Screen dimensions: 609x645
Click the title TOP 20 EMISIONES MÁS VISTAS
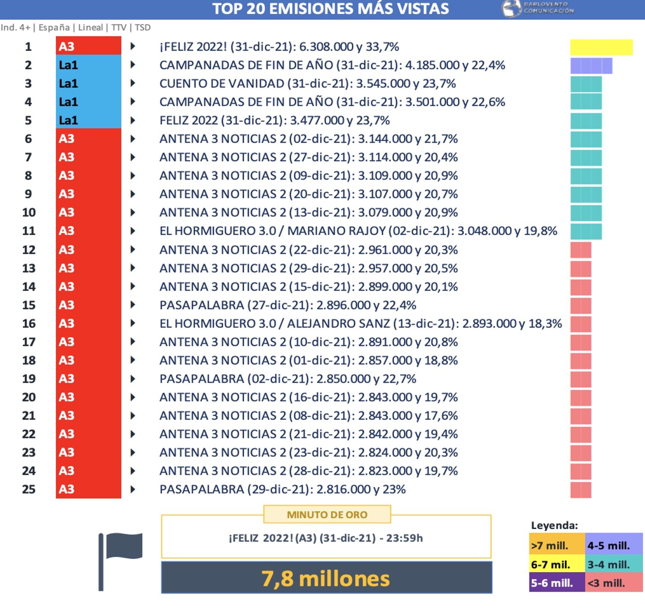pos(330,9)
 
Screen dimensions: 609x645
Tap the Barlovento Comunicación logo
pos(538,8)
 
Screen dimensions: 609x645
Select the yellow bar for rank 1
pos(601,47)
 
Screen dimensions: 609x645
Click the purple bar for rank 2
pos(591,66)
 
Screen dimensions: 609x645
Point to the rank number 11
pos(29,231)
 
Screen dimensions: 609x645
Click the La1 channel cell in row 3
pos(88,83)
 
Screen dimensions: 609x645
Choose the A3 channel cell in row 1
pos(88,46)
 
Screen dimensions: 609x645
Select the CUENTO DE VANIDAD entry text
pos(307,83)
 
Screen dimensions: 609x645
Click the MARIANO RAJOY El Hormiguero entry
pos(358,231)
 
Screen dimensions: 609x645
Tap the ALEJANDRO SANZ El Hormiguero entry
pos(360,323)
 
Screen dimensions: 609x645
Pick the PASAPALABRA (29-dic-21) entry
pos(282,489)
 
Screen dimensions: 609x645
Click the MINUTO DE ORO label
pos(327,514)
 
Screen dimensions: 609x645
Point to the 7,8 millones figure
pos(326,578)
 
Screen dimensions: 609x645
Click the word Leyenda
pos(554,525)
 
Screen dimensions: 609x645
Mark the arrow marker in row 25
pos(133,489)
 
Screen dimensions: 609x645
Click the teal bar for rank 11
pos(586,231)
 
